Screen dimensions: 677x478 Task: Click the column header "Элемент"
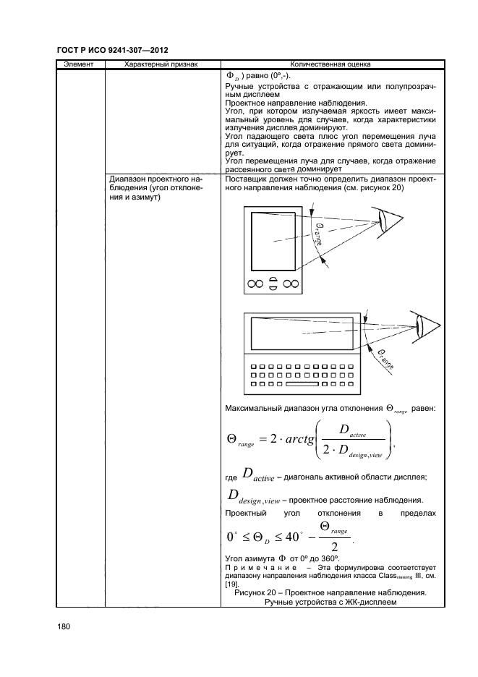point(80,64)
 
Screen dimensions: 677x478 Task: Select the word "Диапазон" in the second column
point(126,178)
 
